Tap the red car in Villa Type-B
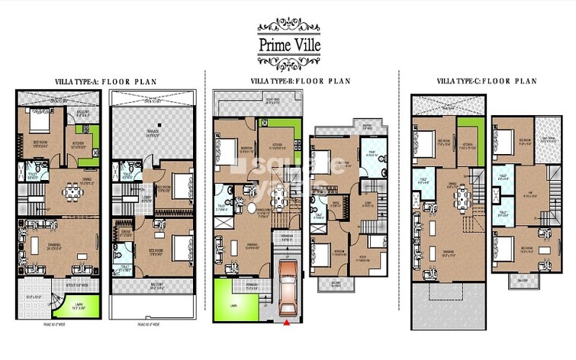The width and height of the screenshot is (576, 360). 288,289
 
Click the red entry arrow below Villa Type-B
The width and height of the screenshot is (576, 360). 287,323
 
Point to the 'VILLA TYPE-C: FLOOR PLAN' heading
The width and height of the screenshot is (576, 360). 486,81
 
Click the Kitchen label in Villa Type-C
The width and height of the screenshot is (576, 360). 468,143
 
